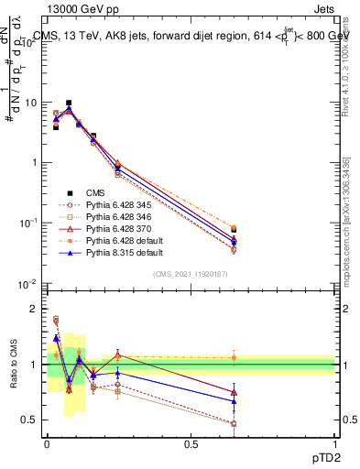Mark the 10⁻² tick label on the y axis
tap(28, 283)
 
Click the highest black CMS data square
tap(69, 103)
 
